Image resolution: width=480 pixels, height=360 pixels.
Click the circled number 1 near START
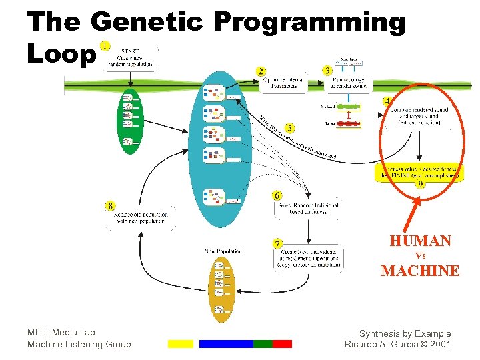[x=105, y=45]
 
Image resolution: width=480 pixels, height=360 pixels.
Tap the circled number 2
[x=261, y=71]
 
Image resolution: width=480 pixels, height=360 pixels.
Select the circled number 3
[x=327, y=69]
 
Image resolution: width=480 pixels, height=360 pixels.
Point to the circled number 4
[x=387, y=101]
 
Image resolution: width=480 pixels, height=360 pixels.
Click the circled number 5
[x=290, y=127]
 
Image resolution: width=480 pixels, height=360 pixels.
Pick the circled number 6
[x=277, y=195]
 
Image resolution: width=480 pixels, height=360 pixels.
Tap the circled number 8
[x=110, y=205]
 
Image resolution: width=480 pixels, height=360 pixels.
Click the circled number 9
[x=420, y=185]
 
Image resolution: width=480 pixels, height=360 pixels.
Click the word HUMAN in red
[x=420, y=241]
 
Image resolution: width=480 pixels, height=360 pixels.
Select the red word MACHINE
[x=420, y=271]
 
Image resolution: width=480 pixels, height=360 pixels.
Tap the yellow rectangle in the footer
[x=180, y=344]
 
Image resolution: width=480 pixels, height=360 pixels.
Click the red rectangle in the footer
[x=282, y=344]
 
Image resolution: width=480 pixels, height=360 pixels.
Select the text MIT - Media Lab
[x=61, y=332]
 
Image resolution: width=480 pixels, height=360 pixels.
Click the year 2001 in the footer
[x=439, y=344]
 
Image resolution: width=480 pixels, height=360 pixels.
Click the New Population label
[x=223, y=251]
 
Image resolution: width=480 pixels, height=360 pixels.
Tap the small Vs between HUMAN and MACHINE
[x=420, y=255]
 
